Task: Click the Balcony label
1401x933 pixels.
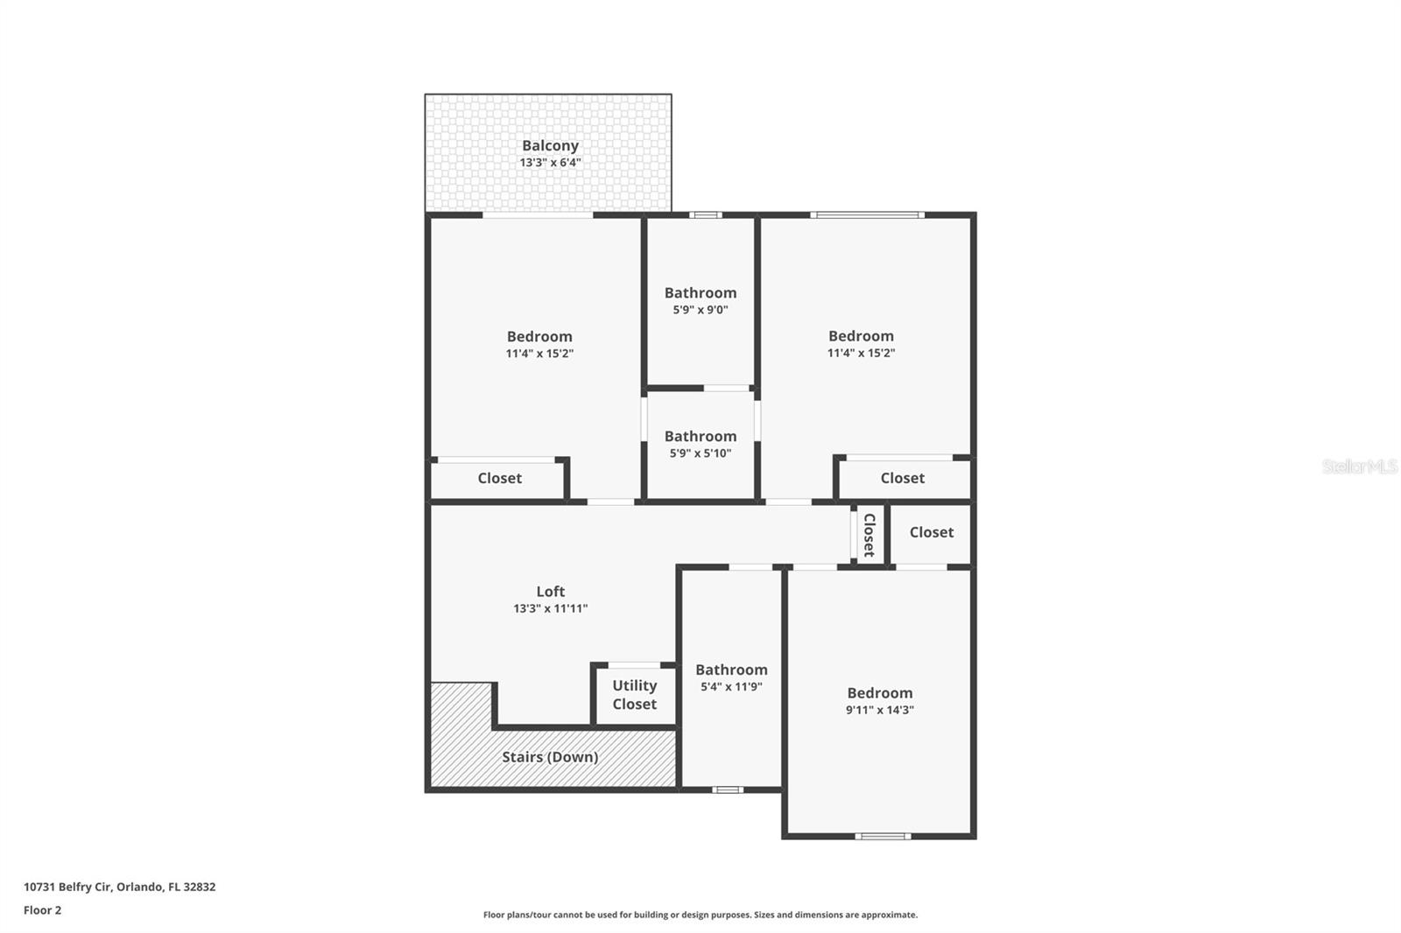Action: (x=550, y=146)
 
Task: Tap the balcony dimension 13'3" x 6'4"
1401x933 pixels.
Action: (x=550, y=163)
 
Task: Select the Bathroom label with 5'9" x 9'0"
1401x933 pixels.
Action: (x=700, y=293)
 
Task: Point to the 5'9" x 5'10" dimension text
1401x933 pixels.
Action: (x=700, y=453)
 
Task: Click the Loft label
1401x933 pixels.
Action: (x=550, y=592)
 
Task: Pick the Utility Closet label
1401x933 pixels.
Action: (x=634, y=695)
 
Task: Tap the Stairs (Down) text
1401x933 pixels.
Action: (x=550, y=757)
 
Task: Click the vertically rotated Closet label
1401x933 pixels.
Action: (x=869, y=535)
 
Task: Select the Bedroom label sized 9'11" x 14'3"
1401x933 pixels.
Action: (x=879, y=693)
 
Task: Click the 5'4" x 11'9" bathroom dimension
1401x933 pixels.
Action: (x=731, y=687)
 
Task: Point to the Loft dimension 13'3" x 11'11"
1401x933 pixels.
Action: (x=550, y=608)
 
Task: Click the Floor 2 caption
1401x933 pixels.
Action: (x=42, y=910)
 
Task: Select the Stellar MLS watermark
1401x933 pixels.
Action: (x=1359, y=466)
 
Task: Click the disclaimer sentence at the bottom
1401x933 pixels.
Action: (x=700, y=915)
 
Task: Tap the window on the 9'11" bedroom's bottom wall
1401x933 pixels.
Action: (x=883, y=836)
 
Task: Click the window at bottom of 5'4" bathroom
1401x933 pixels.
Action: (x=727, y=789)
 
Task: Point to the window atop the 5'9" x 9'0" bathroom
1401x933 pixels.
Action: (x=705, y=214)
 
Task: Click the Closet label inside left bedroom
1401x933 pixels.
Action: (x=499, y=479)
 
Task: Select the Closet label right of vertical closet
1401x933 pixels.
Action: (x=931, y=532)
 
